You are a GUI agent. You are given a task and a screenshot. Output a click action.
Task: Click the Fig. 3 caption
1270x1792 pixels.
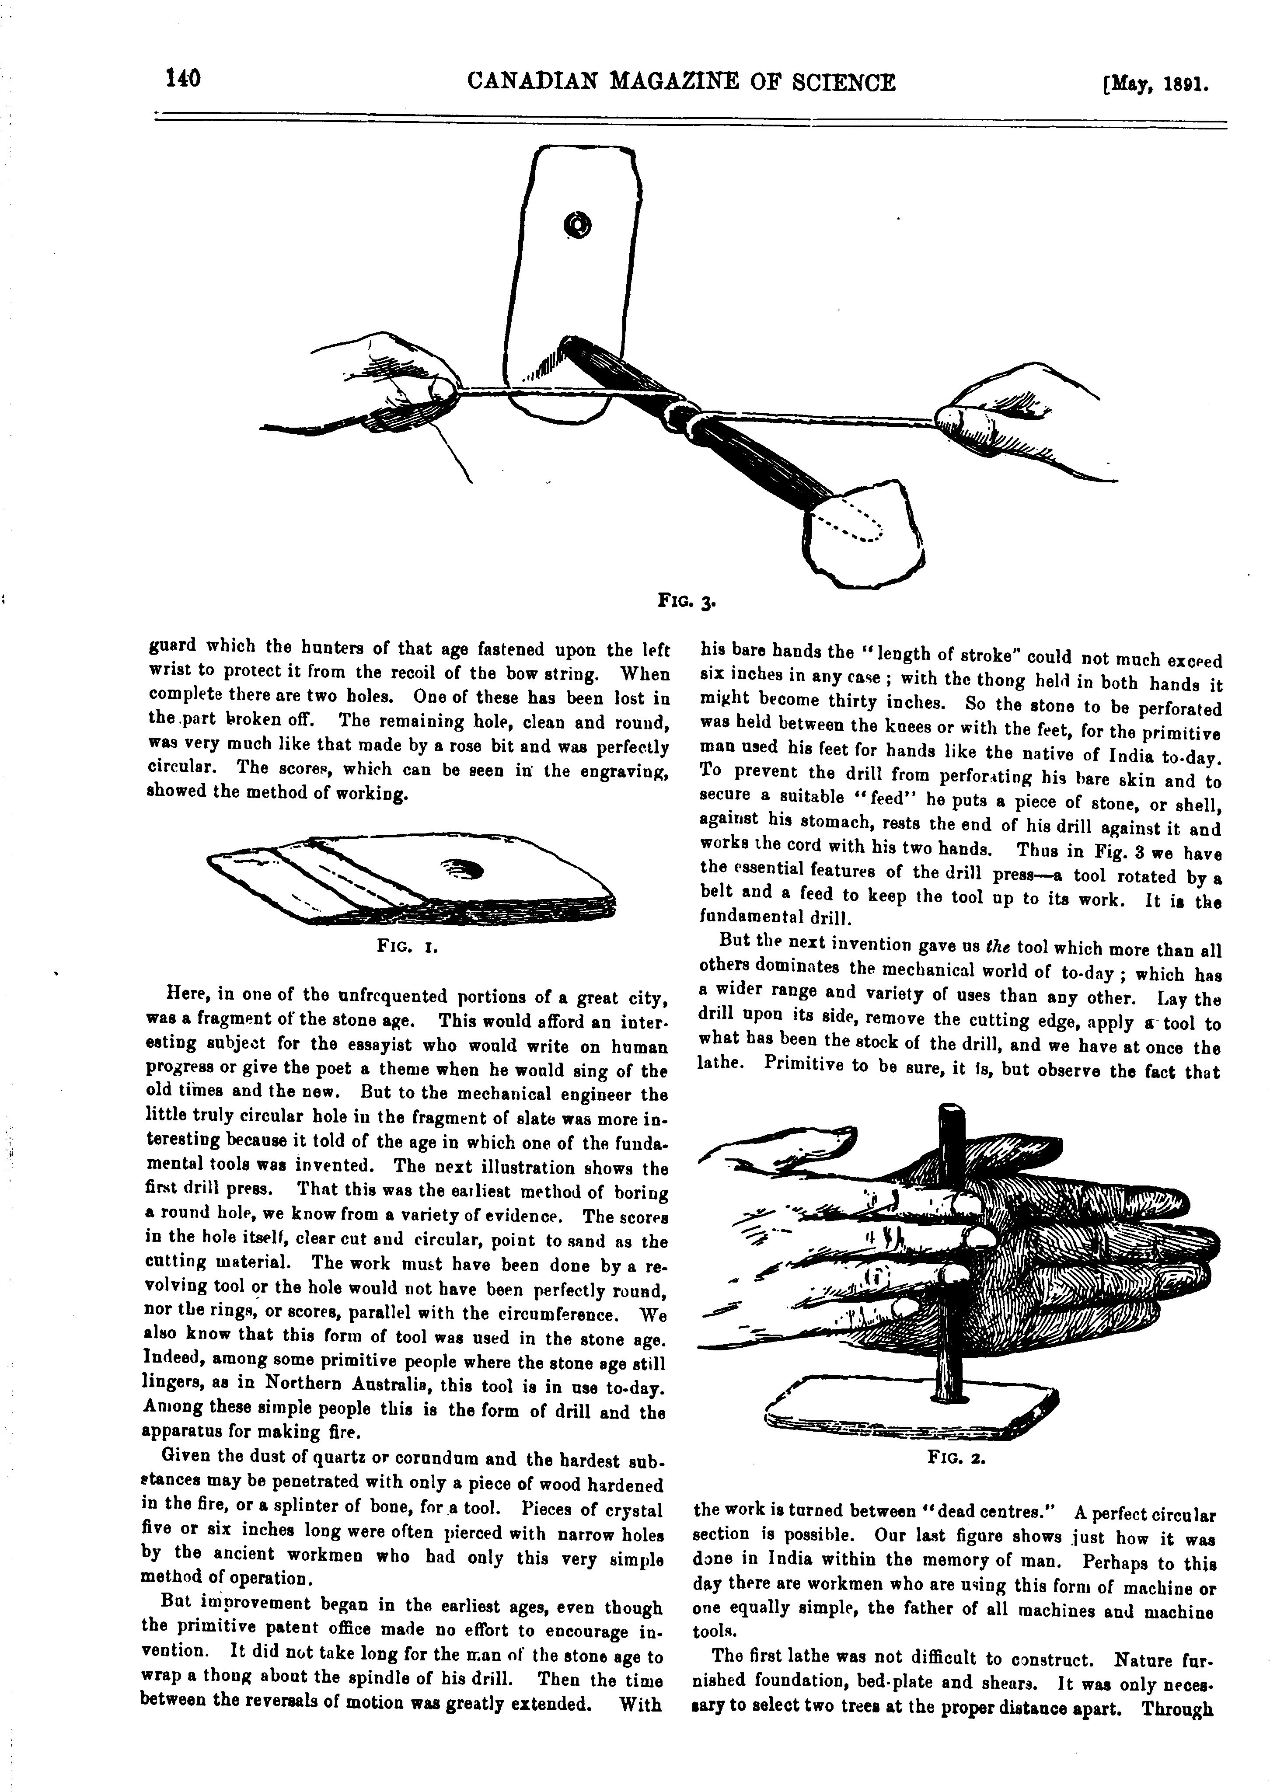(685, 603)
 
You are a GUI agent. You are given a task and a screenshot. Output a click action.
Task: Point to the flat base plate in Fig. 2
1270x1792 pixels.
(911, 1415)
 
